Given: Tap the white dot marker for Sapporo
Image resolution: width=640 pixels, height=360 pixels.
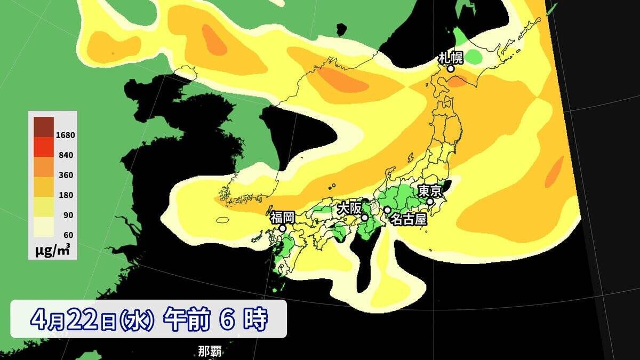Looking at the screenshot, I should coord(451,68).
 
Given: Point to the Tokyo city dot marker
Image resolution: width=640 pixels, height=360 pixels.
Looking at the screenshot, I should coord(430,202).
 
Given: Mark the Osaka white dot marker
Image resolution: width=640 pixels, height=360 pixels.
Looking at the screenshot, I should coord(364,218).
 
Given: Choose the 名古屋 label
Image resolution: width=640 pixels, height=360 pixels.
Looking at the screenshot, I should coord(408,219).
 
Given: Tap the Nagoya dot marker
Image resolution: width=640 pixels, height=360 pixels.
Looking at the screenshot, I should coord(387,210).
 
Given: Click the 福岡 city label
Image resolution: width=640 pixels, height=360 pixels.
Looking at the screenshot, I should coord(282,217).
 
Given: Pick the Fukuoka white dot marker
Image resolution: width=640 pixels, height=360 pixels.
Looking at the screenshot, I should coord(282,228).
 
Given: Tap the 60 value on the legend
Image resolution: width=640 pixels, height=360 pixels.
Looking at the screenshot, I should coord(67,235).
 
